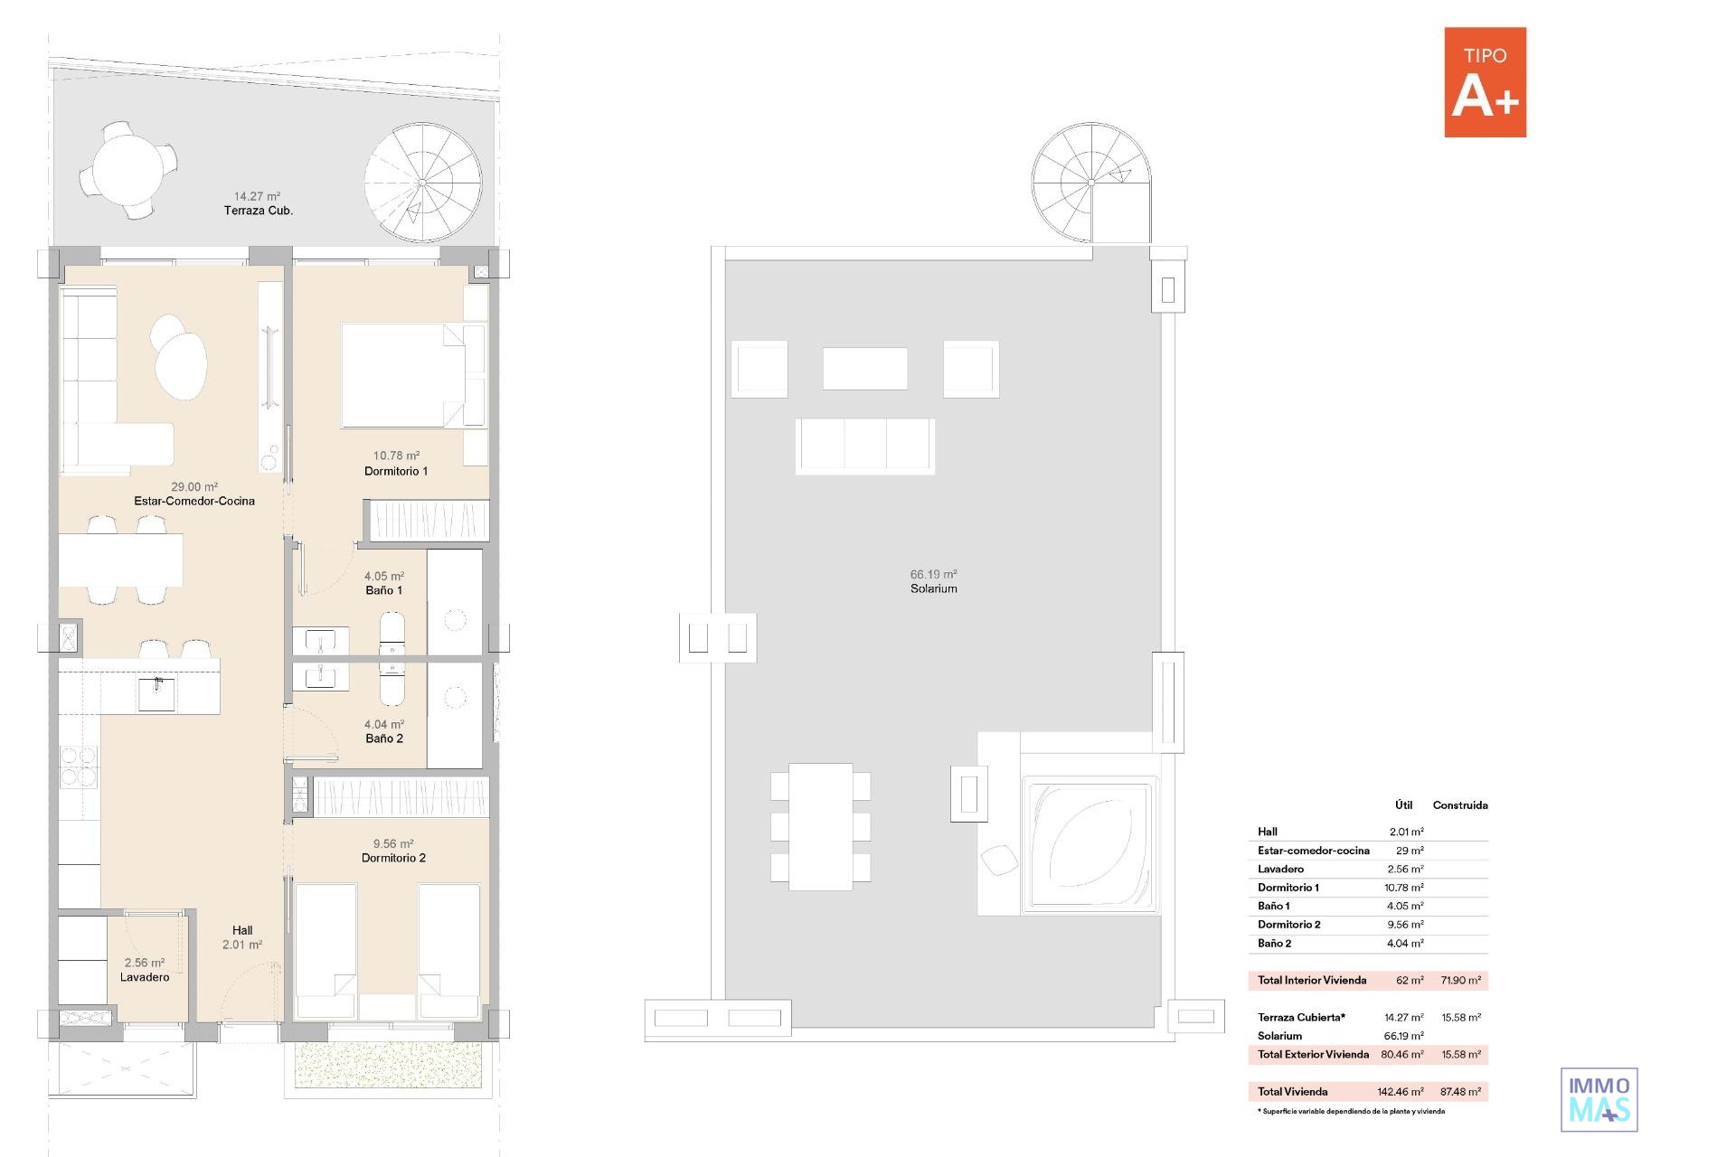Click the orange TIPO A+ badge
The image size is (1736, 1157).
tap(1485, 82)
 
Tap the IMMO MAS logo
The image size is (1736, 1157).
tap(1599, 1099)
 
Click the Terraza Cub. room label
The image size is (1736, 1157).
tap(259, 211)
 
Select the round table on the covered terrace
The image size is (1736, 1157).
tap(128, 170)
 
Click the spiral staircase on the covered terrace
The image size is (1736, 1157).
tap(423, 183)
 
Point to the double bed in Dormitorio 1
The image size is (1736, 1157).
tap(413, 375)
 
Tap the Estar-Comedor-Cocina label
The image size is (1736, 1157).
tap(194, 501)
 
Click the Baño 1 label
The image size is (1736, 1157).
tap(384, 590)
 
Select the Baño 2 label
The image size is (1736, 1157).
tap(384, 738)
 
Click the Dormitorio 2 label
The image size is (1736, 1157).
tap(393, 858)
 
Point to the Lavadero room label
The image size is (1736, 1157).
tap(145, 977)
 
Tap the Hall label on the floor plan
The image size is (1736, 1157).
tap(242, 930)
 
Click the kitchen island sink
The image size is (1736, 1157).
tap(157, 694)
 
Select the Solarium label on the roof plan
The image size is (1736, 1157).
tap(934, 588)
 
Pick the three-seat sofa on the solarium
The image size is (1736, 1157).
tap(865, 446)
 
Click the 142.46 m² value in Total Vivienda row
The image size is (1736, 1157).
tap(1401, 1092)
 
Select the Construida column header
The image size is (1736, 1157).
tap(1460, 805)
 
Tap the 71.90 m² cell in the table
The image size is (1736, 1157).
tap(1461, 980)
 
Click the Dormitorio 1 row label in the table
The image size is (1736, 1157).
tap(1288, 888)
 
